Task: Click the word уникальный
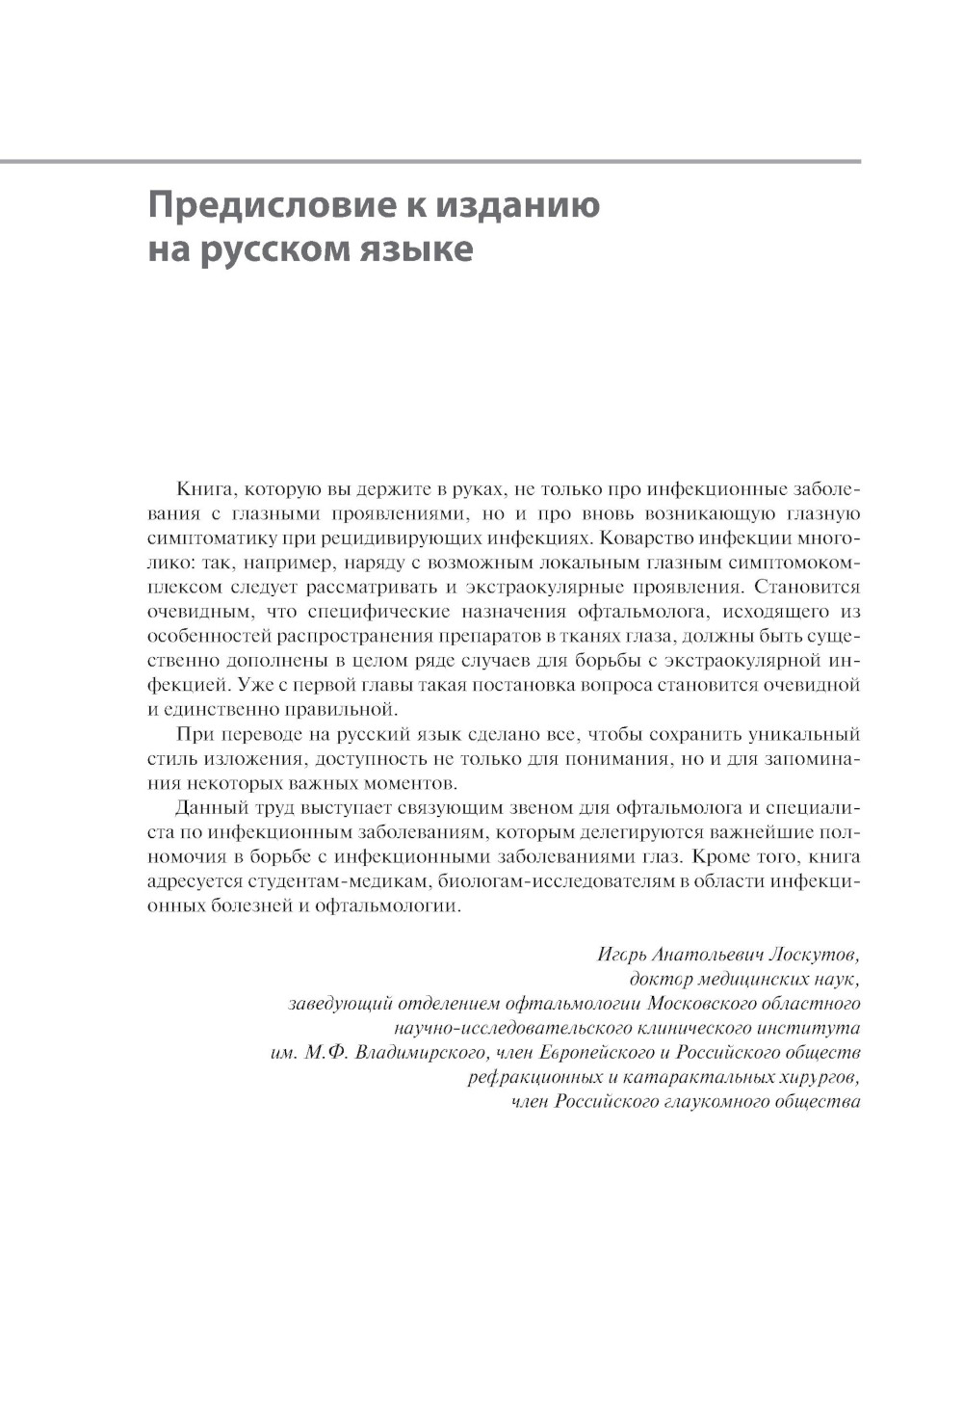803,735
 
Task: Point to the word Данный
208,807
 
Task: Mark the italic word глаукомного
714,1101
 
